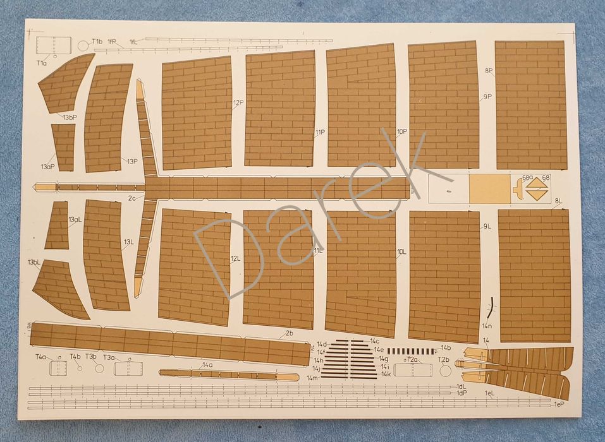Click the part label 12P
pos(238,102)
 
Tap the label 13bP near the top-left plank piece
pos(69,117)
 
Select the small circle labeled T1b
pos(83,45)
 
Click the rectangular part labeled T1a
pos(53,46)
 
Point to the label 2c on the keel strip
pos(131,198)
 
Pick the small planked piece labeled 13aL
pos(57,225)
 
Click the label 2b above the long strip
pos(289,333)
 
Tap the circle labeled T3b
pos(99,367)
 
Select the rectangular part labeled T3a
pos(128,367)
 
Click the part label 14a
pos(207,365)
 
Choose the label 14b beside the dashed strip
pos(446,348)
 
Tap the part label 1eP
pos(558,403)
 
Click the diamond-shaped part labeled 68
pos(537,189)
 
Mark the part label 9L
pos(487,226)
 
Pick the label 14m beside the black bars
pos(312,378)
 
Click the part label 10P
pos(401,132)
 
